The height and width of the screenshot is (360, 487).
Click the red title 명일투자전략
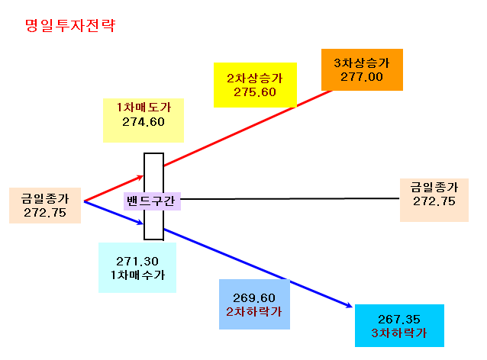[70, 25]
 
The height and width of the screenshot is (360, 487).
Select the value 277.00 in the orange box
[362, 77]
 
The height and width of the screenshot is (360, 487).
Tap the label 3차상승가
[362, 63]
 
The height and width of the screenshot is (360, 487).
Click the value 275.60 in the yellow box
[255, 92]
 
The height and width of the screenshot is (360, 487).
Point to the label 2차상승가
[255, 79]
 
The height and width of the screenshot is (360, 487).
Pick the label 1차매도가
[144, 108]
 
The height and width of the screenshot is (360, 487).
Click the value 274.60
[144, 122]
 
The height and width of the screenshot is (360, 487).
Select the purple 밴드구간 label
[151, 201]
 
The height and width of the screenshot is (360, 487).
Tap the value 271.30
[137, 262]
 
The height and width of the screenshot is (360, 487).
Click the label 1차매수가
[137, 275]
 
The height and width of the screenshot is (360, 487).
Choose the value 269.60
[254, 298]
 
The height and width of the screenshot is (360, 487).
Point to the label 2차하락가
[254, 312]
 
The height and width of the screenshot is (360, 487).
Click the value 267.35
[399, 320]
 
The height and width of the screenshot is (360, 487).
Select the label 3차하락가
[399, 333]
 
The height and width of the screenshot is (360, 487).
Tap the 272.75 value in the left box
[45, 213]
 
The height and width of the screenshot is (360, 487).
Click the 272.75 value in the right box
[434, 201]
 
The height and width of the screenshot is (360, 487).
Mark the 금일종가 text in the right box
[434, 187]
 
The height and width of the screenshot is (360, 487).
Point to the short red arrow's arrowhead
[141, 177]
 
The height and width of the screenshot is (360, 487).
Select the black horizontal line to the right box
[290, 198]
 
